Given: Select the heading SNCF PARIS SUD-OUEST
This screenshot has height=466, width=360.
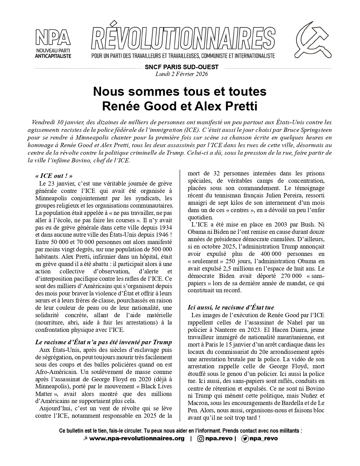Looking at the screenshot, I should click(x=182, y=67).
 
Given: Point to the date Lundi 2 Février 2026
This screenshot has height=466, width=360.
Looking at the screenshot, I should click(x=182, y=74).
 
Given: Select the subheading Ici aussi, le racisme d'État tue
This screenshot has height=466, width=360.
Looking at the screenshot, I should click(x=231, y=308).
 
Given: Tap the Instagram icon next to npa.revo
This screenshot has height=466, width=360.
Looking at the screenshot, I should click(x=200, y=439).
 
